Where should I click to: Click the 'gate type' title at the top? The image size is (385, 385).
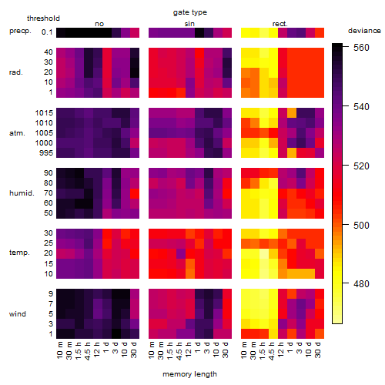[190, 12]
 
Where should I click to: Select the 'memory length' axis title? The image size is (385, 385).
[189, 374]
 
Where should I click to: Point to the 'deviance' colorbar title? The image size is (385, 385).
[364, 31]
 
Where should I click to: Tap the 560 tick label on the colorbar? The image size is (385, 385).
[361, 48]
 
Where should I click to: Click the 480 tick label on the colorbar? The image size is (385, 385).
[361, 284]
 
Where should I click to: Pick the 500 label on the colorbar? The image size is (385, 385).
[361, 225]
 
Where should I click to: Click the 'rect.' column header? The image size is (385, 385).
[280, 24]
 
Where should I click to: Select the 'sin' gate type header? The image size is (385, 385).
[189, 24]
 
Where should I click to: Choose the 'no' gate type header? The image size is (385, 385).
[99, 24]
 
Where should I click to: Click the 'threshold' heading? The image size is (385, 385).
[43, 18]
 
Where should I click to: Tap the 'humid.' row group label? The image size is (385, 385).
[22, 193]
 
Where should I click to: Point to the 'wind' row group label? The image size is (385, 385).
[18, 314]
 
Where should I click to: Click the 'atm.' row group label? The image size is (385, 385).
[17, 133]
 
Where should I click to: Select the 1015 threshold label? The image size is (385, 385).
[44, 113]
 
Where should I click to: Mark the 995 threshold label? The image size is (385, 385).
[46, 153]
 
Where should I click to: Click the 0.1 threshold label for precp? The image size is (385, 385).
[47, 32]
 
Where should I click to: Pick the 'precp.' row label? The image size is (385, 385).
[20, 31]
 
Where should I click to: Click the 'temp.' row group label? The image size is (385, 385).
[19, 253]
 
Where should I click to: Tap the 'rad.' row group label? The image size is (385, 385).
[16, 72]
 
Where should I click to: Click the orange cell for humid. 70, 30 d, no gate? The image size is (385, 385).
[135, 193]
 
